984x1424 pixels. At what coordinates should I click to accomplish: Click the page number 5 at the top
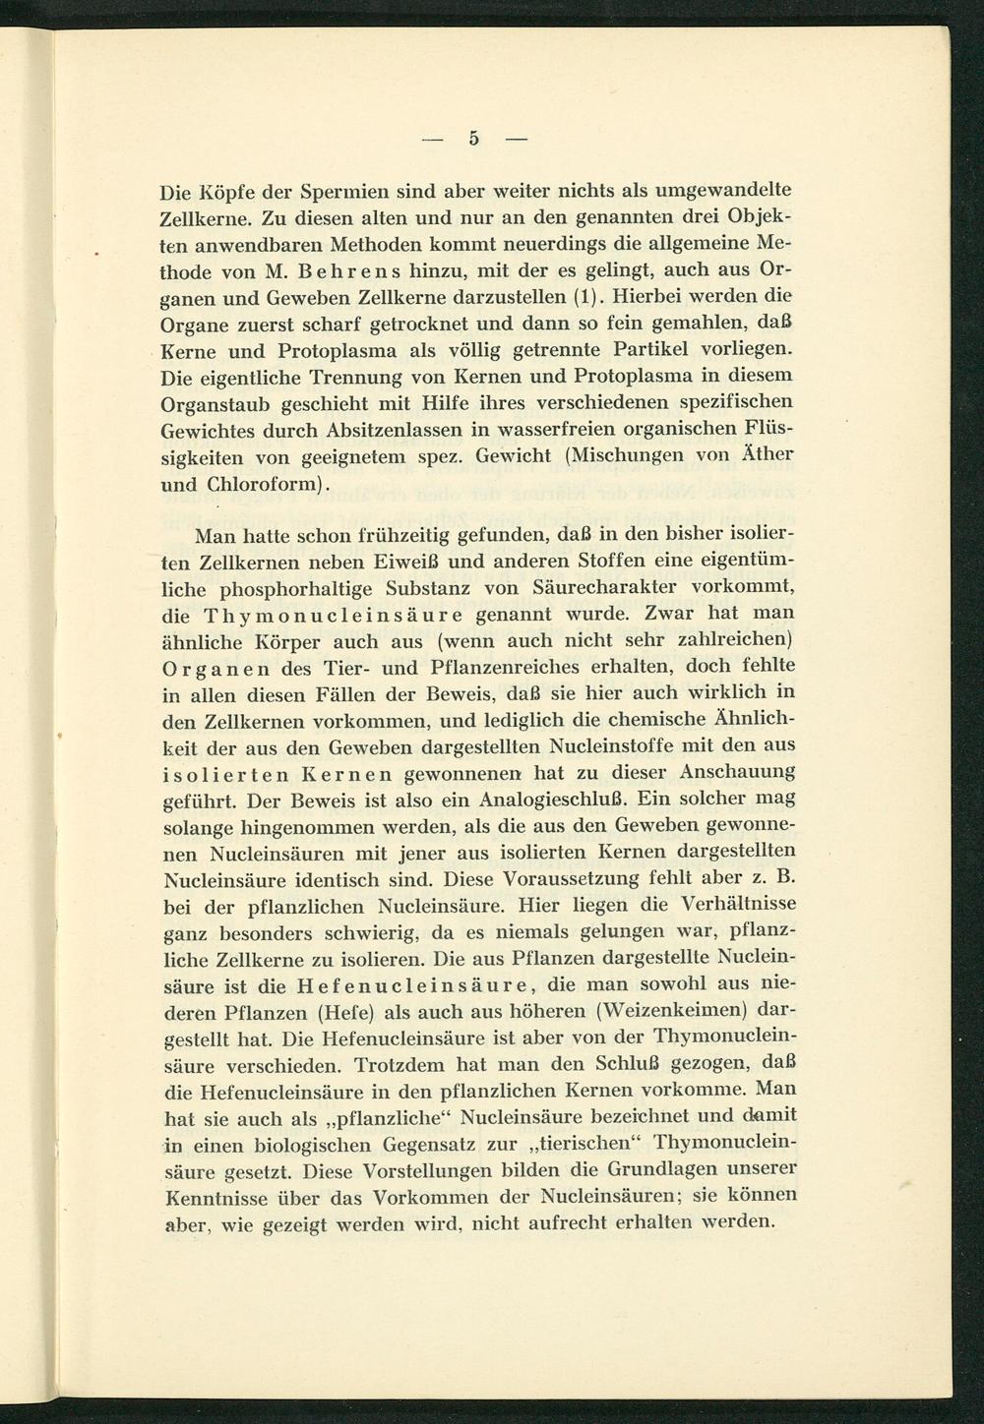(473, 139)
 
